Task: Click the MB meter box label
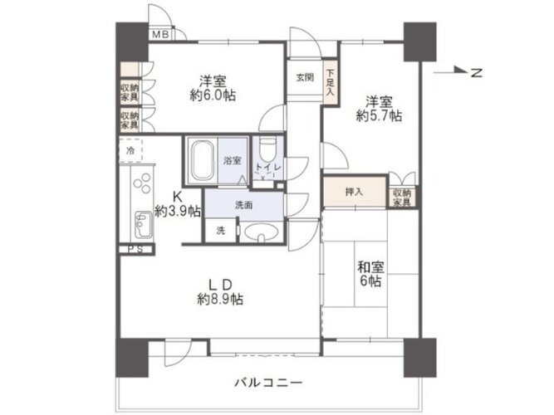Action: point(161,35)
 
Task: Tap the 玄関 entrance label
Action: point(305,77)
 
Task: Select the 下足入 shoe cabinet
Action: point(330,83)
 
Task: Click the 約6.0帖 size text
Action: point(213,95)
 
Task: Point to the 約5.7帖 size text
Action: point(379,115)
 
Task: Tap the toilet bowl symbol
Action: point(267,149)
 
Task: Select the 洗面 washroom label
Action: point(244,204)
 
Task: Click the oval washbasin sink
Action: point(261,232)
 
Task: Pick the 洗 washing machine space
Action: point(220,231)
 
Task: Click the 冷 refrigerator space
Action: point(130,150)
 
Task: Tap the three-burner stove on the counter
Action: point(142,183)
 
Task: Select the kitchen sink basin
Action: point(144,225)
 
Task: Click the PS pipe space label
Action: point(135,249)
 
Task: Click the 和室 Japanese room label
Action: point(370,266)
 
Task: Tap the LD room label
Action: point(220,284)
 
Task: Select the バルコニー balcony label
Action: point(268,382)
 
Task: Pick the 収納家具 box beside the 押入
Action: point(402,198)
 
